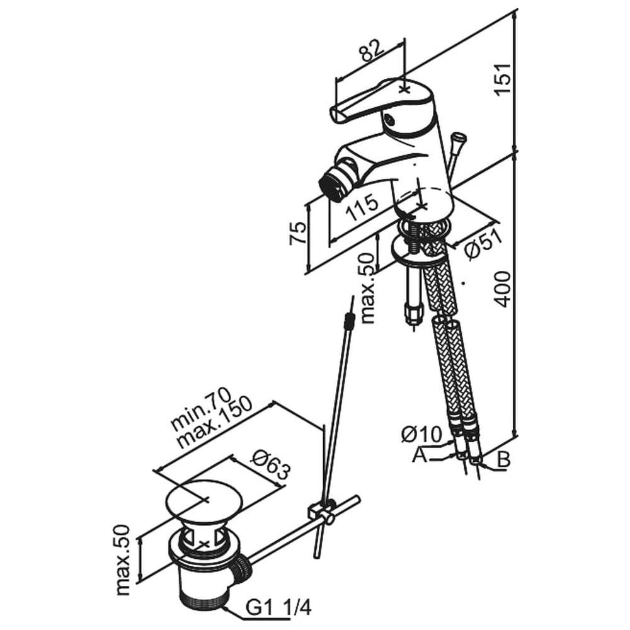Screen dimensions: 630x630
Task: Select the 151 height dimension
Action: click(503, 79)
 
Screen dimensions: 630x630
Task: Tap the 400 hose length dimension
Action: click(503, 289)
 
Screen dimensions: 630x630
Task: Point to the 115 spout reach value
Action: click(362, 207)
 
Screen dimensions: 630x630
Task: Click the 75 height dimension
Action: click(298, 232)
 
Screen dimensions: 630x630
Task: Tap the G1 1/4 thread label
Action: click(279, 608)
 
